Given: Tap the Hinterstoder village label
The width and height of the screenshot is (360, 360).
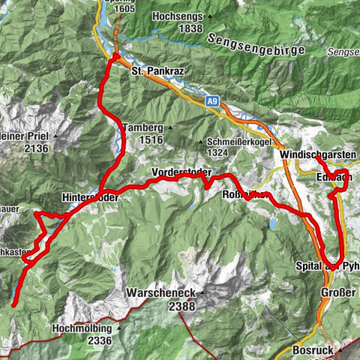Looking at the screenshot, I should tap(90, 197).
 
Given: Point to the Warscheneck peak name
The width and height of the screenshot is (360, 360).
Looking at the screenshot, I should tap(162, 295).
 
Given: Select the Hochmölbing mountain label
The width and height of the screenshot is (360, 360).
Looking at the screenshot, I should tap(83, 328).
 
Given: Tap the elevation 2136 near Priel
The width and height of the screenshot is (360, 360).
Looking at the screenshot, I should tap(35, 148).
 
